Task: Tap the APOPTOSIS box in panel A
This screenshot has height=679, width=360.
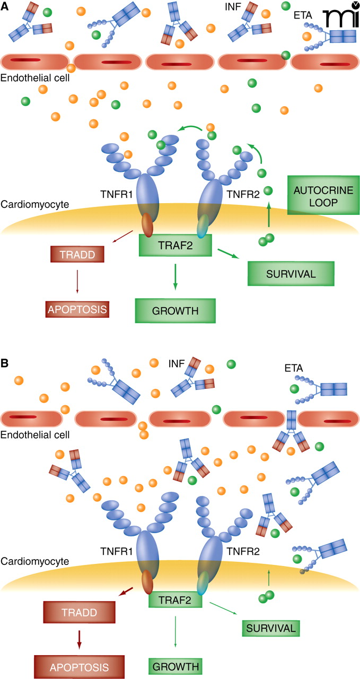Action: [77, 308]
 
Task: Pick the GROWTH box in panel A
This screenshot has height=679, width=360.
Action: [175, 310]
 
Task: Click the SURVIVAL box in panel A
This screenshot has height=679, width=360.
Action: [291, 273]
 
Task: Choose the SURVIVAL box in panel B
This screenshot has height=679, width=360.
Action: [269, 628]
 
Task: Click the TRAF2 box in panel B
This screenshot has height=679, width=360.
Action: [175, 599]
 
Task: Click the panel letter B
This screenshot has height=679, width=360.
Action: [5, 364]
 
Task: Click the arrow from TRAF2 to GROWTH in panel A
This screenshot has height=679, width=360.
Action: [175, 277]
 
